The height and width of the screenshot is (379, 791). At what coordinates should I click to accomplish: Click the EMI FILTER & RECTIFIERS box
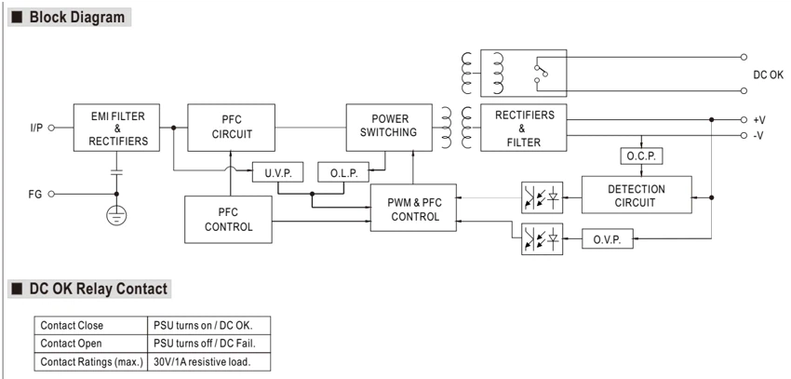(x=116, y=128)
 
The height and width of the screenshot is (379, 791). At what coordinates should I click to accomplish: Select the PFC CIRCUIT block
(x=231, y=128)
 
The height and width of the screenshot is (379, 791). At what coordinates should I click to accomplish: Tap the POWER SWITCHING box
(x=389, y=128)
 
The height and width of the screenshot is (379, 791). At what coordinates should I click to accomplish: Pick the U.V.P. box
(x=277, y=172)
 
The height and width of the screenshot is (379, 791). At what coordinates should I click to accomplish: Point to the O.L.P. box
(x=343, y=172)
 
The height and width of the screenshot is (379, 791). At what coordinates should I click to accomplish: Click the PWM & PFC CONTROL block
(x=413, y=208)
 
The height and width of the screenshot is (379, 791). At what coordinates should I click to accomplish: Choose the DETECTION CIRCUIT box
(x=637, y=195)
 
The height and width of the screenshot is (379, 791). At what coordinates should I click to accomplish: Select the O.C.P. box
(x=641, y=156)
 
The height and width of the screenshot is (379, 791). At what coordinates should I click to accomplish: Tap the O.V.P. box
(x=608, y=238)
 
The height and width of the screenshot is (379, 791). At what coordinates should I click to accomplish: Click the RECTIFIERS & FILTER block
(x=524, y=128)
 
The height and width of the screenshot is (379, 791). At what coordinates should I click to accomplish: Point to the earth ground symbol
(x=116, y=214)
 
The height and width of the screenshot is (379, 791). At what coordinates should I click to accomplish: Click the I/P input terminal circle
(x=51, y=128)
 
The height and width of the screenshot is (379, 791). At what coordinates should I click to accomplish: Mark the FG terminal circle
(x=51, y=194)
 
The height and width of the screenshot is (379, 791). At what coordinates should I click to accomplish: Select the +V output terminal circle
(x=744, y=120)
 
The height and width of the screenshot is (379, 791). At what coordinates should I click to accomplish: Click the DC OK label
(x=768, y=74)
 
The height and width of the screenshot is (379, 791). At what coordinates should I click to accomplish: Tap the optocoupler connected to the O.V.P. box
(x=542, y=238)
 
